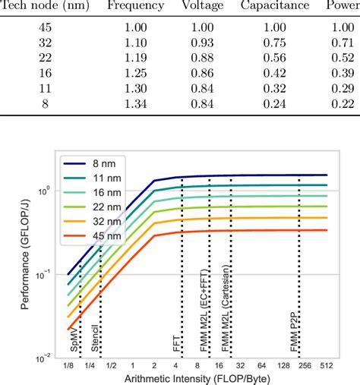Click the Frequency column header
[135, 6]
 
